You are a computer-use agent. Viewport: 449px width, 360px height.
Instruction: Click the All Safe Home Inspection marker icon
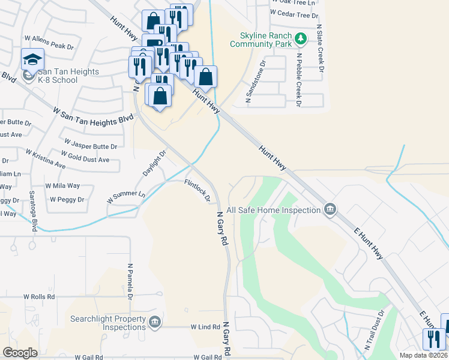click(330, 210)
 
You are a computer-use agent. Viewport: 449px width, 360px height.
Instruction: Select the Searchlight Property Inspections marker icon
click(155, 323)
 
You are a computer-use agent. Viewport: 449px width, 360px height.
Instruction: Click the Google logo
click(20, 353)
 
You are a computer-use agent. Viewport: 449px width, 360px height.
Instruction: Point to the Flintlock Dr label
click(197, 190)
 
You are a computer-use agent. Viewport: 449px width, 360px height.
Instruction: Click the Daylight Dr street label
click(154, 161)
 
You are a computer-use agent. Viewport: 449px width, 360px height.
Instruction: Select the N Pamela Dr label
click(130, 281)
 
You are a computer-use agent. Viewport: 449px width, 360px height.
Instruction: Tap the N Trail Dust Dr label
click(373, 334)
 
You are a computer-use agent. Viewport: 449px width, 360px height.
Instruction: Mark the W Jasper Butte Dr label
click(90, 145)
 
